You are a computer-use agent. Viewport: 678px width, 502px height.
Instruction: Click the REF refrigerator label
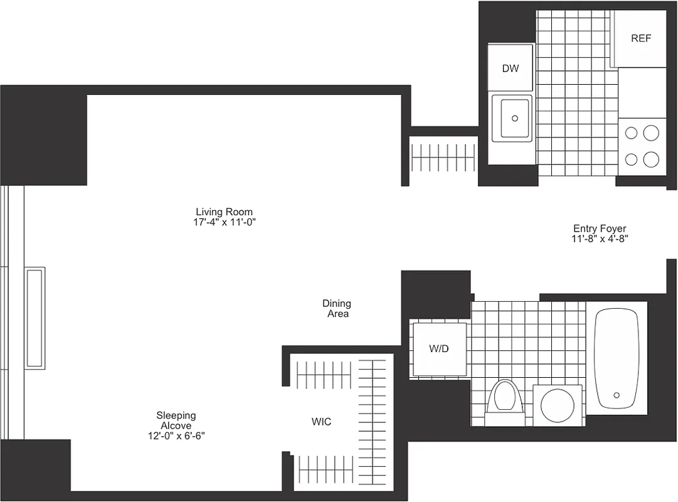[640, 38]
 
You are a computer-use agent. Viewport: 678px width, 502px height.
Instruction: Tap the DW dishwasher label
[511, 68]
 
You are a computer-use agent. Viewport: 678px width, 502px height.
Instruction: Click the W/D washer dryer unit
[438, 349]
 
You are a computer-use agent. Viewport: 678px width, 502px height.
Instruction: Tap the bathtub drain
[617, 395]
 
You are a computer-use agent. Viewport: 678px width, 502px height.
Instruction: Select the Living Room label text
[224, 212]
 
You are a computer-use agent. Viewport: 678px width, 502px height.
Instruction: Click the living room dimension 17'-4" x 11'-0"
[225, 222]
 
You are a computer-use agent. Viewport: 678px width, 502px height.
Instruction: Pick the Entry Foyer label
[599, 229]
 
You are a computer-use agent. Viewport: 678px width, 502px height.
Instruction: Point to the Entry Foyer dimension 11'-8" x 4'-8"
[599, 239]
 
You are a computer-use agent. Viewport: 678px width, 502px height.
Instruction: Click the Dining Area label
[337, 308]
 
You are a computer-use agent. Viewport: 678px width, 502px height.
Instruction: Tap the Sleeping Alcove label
[176, 420]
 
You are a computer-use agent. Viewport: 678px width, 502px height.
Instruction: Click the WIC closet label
[321, 422]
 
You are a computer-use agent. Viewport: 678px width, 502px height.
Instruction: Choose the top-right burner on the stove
[652, 132]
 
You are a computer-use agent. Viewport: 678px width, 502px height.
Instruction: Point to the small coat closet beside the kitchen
[443, 156]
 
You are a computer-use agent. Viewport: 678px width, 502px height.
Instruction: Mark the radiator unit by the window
[34, 318]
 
